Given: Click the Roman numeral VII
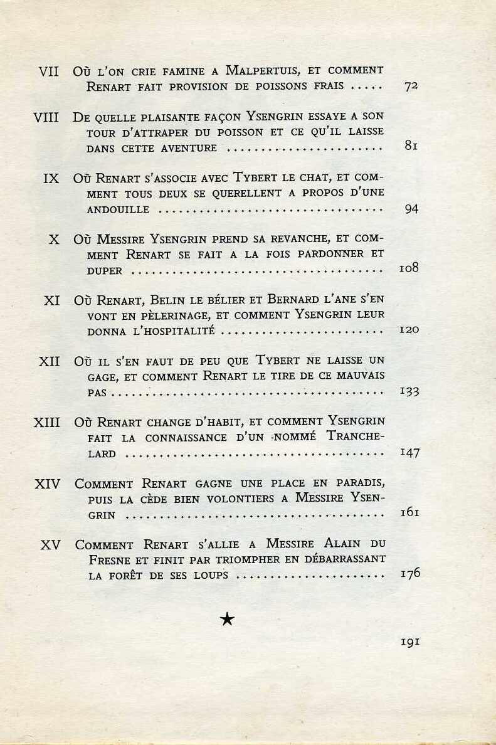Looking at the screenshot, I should [x=48, y=71].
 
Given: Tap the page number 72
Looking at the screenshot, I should [x=411, y=87].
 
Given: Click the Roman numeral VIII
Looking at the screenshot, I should [x=46, y=117].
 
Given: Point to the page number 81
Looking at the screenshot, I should [x=411, y=147].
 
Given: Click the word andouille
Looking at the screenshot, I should [x=118, y=209].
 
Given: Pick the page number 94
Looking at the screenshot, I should [x=411, y=209].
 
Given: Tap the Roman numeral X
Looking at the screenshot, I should [x=54, y=240].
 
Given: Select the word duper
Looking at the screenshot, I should [x=105, y=271].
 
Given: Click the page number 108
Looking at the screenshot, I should [x=409, y=269].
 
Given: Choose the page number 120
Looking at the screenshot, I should [x=409, y=330].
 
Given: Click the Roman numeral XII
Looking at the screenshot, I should [x=49, y=362].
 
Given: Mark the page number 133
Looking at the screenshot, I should [x=409, y=392].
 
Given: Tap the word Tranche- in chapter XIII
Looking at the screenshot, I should [x=356, y=436].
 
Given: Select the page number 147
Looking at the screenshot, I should [x=409, y=453].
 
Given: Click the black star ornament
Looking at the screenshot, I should [x=227, y=620].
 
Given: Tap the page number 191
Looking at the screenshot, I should [x=409, y=642].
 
